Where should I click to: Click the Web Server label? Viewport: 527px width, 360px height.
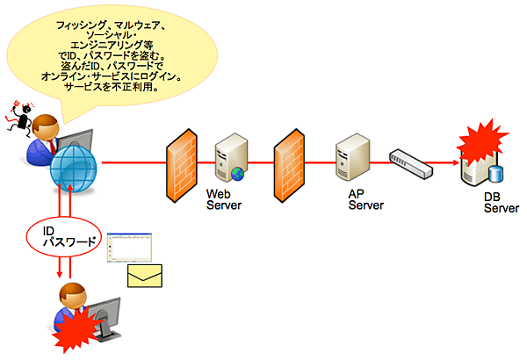point(224,199)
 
